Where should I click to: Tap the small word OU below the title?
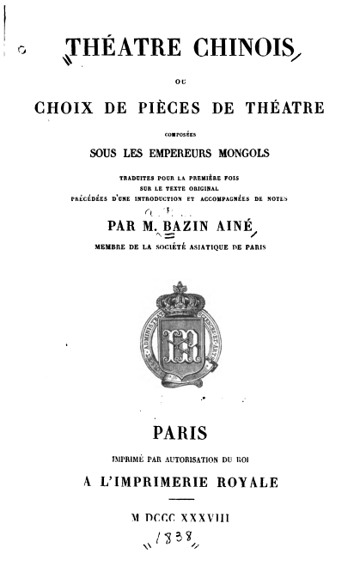(180, 83)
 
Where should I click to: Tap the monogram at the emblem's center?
(180, 350)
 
